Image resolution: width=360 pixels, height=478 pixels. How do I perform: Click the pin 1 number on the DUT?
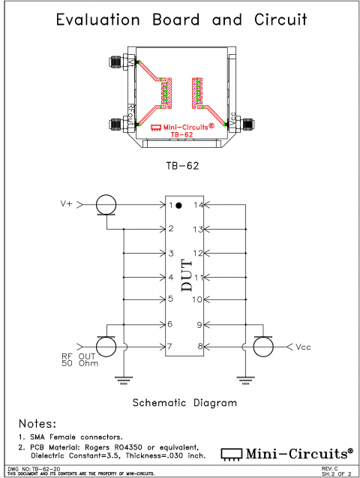click(x=171, y=205)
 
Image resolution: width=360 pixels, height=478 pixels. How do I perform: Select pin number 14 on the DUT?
click(x=199, y=205)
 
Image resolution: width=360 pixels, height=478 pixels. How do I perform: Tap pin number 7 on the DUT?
click(x=171, y=346)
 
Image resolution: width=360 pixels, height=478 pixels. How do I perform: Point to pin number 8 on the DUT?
click(x=199, y=346)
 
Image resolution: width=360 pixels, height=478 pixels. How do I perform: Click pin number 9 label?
click(x=199, y=324)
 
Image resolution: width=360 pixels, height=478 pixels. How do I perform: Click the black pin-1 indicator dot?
click(x=180, y=205)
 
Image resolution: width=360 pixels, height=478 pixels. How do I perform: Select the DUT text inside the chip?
click(x=185, y=274)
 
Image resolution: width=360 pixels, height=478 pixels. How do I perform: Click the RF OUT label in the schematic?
click(x=76, y=356)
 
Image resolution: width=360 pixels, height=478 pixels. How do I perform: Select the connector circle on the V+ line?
click(x=106, y=203)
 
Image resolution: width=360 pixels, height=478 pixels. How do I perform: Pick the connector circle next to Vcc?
click(x=263, y=347)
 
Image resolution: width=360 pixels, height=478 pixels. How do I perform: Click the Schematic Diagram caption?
click(x=184, y=403)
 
